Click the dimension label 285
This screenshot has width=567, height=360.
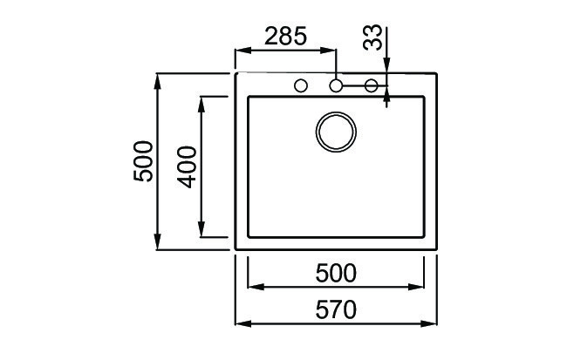pos(284,37)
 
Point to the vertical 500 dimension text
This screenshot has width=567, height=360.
pos(143,161)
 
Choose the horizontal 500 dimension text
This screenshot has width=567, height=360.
pos(336,274)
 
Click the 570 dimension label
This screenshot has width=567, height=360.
pos(336,309)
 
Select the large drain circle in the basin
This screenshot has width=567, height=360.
pos(335,132)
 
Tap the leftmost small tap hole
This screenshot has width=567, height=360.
pos(301,85)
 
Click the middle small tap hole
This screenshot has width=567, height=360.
pos(336,85)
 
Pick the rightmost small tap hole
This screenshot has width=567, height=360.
pos(371,85)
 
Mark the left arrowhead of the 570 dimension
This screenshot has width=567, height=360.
pos(242,322)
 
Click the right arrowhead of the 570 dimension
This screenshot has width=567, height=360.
pos(433,322)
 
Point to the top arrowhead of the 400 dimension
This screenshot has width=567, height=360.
pos(202,102)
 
